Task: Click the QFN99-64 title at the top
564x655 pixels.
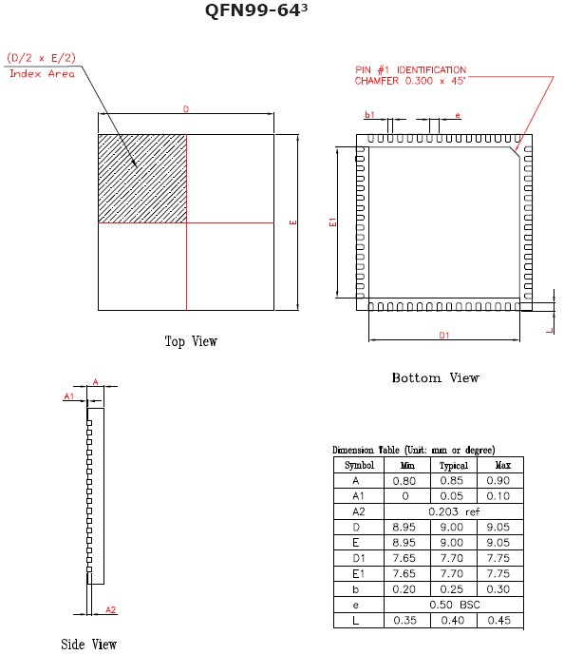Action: point(256,10)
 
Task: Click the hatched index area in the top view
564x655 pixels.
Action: point(142,179)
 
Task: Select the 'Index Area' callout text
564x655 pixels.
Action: point(42,74)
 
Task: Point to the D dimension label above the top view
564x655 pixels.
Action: point(186,109)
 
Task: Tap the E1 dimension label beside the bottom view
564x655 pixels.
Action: point(332,222)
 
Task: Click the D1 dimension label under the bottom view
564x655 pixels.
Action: point(443,335)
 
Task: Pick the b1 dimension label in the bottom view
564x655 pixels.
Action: point(369,114)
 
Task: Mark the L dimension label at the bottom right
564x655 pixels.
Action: point(550,331)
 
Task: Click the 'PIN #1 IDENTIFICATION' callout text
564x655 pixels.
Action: point(410,69)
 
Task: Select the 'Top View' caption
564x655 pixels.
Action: point(191,341)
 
